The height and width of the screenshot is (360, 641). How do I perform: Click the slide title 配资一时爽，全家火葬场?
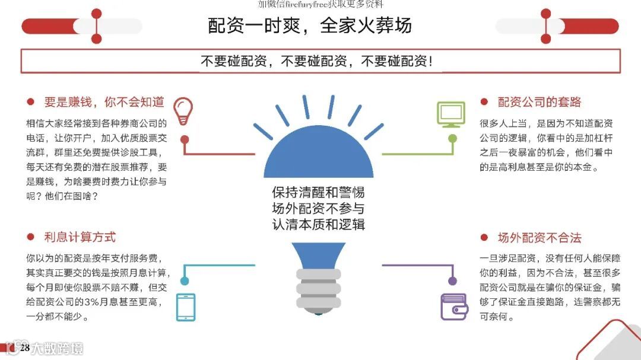pyautogui.click(x=309, y=26)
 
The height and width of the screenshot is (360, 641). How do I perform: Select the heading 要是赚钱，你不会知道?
pyautogui.click(x=104, y=102)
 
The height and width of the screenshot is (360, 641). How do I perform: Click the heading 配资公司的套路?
pyautogui.click(x=540, y=102)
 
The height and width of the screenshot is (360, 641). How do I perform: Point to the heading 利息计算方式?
pyautogui.click(x=80, y=237)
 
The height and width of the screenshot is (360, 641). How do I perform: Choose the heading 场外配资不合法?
pyautogui.click(x=540, y=238)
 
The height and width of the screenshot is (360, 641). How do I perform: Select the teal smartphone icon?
pyautogui.click(x=185, y=308)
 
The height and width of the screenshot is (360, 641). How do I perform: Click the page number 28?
pyautogui.click(x=25, y=348)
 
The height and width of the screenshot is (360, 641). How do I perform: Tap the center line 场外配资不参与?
pyautogui.click(x=318, y=208)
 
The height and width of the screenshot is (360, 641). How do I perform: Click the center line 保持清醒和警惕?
pyautogui.click(x=318, y=193)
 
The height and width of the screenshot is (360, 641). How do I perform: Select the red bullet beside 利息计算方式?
pyautogui.click(x=30, y=237)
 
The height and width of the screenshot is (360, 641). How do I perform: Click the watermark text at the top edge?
pyautogui.click(x=320, y=4)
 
